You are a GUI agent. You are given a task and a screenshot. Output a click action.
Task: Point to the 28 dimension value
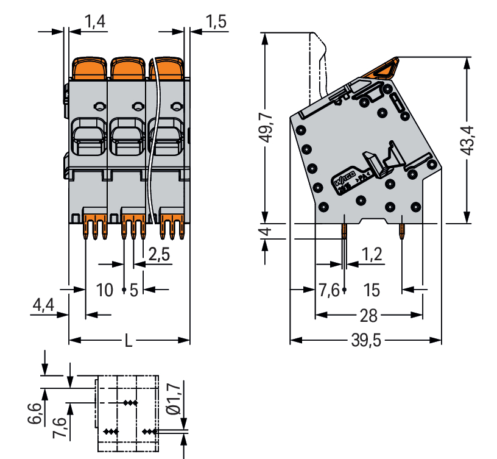(368, 315)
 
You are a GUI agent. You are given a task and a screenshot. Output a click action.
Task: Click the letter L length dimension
(128, 340)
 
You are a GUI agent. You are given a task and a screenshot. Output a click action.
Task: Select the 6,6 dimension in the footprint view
(36, 413)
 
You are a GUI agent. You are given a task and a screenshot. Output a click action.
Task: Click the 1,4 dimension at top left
(95, 23)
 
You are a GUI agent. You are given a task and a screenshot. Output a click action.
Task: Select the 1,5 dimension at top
(216, 23)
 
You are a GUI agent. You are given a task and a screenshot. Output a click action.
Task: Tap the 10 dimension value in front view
(105, 289)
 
